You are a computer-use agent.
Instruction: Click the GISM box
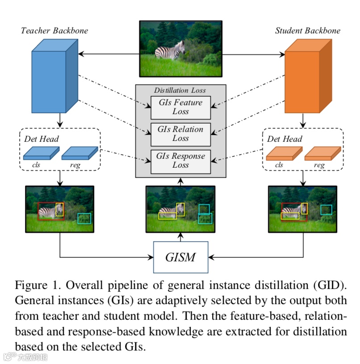point(180,257)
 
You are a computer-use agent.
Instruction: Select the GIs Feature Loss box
point(180,107)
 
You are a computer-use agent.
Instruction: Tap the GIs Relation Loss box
point(180,134)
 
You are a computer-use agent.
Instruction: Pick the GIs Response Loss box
point(180,161)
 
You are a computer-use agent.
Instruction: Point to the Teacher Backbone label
point(54,31)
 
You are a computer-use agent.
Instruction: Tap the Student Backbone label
point(307,31)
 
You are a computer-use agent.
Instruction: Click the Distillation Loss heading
point(180,90)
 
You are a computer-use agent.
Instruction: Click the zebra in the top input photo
point(170,50)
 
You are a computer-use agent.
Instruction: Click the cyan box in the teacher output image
point(84,218)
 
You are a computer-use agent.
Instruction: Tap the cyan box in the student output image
point(326,210)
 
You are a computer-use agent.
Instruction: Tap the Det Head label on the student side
point(285,139)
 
